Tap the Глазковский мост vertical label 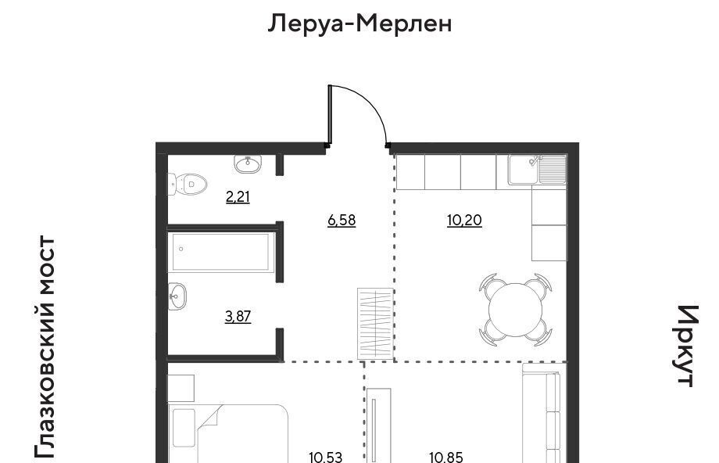[45, 347]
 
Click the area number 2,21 [238, 197]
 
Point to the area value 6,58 [342, 221]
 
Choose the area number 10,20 [464, 221]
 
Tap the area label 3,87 [238, 317]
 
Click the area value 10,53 [326, 457]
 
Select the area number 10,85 [446, 457]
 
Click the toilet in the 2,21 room [188, 184]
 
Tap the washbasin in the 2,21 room [248, 163]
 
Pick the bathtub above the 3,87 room [223, 252]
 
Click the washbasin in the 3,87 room [177, 296]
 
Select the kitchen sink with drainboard [538, 169]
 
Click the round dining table [515, 310]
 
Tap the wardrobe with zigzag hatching [376, 324]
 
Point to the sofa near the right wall [545, 413]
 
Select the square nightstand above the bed [181, 388]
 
